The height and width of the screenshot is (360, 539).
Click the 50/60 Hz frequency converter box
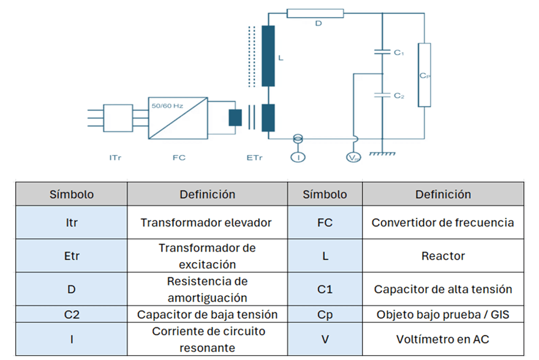pyautogui.click(x=178, y=118)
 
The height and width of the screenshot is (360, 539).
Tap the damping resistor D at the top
pyautogui.click(x=315, y=13)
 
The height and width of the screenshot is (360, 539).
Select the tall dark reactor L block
pyautogui.click(x=268, y=56)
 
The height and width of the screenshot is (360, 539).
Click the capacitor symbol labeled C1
pyautogui.click(x=382, y=52)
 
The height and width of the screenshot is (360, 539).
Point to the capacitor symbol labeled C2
pyautogui.click(x=382, y=95)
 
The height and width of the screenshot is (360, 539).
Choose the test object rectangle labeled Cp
pyautogui.click(x=424, y=75)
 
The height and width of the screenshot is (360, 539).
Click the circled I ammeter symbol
pyautogui.click(x=298, y=157)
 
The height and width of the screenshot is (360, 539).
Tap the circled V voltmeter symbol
pyautogui.click(x=353, y=157)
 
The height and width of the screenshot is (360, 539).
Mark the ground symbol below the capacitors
pyautogui.click(x=382, y=154)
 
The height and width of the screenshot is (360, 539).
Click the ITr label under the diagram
pyautogui.click(x=115, y=158)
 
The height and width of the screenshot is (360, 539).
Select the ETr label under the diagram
pyautogui.click(x=254, y=158)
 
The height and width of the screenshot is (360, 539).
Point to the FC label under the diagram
pyautogui.click(x=179, y=158)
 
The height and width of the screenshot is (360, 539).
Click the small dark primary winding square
pyautogui.click(x=235, y=118)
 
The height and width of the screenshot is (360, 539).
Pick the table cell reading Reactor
pyautogui.click(x=443, y=256)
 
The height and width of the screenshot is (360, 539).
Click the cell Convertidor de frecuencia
pyautogui.click(x=443, y=223)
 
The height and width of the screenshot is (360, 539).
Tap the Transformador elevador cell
pyautogui.click(x=207, y=223)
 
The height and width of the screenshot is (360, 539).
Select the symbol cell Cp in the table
pyautogui.click(x=325, y=314)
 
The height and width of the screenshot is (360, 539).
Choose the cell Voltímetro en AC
pyautogui.click(x=443, y=339)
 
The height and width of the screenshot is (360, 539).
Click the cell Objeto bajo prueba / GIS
pyautogui.click(x=443, y=314)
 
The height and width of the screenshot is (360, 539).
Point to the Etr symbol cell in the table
pyautogui.click(x=72, y=256)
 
